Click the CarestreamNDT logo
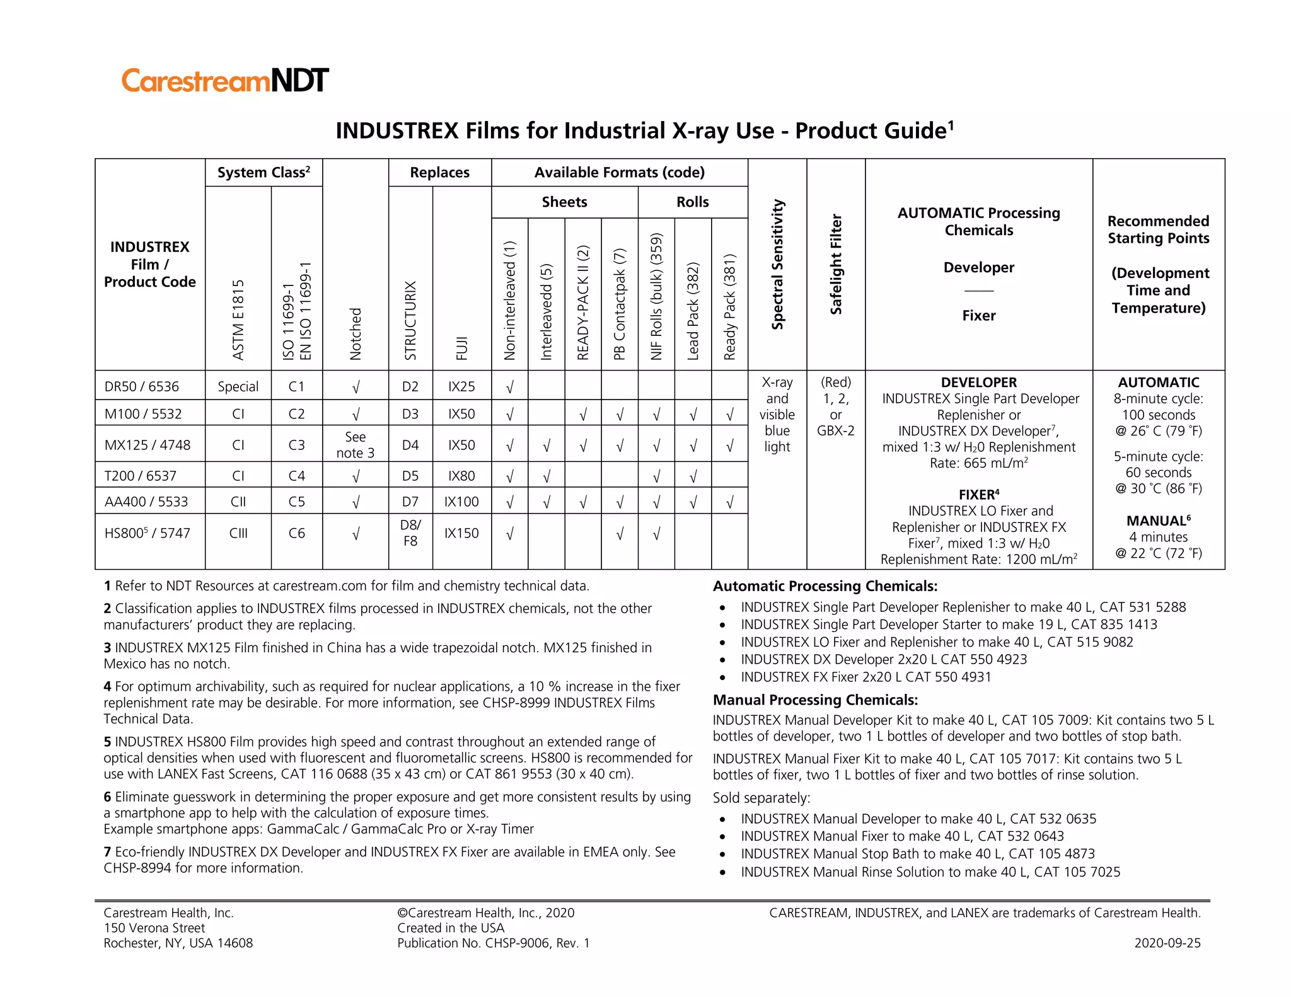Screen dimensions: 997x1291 point(225,81)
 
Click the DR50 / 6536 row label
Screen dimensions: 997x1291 point(142,386)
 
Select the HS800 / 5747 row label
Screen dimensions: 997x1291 point(147,533)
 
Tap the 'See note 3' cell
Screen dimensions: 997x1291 point(356,445)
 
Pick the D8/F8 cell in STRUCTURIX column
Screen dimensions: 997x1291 point(410,533)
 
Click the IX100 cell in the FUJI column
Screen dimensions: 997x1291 point(461,502)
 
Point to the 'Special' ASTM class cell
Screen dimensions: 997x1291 point(238,386)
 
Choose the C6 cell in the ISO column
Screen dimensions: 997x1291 point(297,533)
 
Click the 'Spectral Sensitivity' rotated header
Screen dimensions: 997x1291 point(778,265)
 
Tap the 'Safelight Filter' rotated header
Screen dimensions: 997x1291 point(836,265)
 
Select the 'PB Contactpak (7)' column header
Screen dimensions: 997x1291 point(620,304)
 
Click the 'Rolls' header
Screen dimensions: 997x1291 point(693,202)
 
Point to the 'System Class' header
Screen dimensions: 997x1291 point(263,173)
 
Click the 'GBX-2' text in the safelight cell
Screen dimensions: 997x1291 point(836,431)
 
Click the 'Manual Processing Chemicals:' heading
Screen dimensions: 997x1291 point(815,700)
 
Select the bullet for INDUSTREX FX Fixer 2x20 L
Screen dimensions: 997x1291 point(724,678)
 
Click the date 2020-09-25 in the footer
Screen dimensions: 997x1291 point(1167,943)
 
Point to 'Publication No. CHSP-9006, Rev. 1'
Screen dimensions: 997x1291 point(494,943)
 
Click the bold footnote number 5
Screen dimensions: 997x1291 point(108,742)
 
